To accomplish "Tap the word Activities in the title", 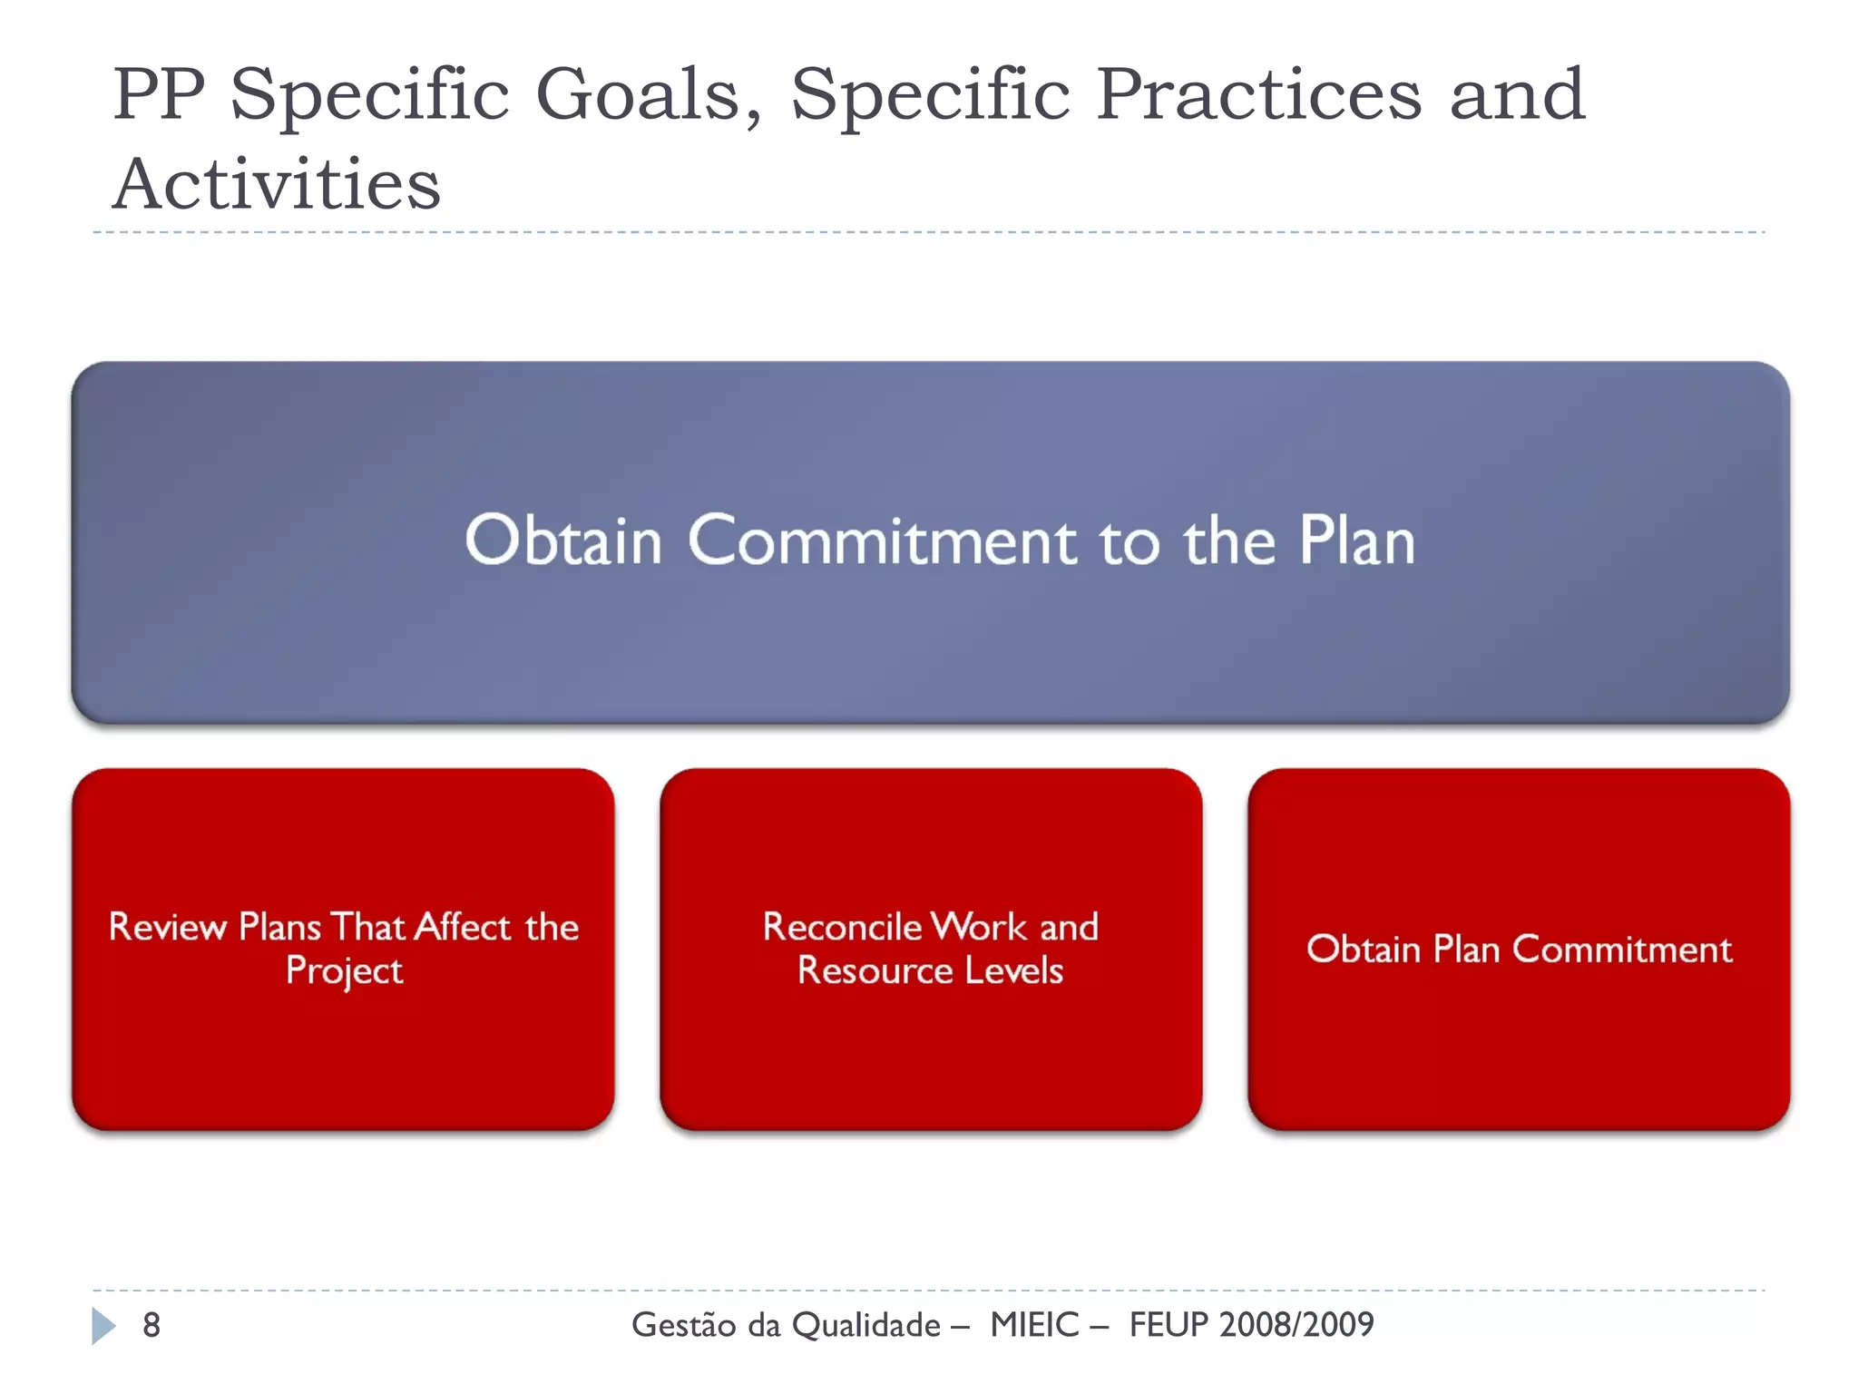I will click(x=277, y=185).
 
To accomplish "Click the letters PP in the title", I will click(x=160, y=95).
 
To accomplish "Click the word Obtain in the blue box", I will click(x=563, y=541).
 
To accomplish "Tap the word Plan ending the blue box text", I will click(x=1356, y=541).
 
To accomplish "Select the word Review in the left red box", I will click(x=168, y=927).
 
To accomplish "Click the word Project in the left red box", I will click(x=344, y=971).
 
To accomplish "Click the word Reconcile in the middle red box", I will click(x=843, y=927).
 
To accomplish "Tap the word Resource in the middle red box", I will click(x=875, y=970).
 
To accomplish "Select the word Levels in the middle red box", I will click(x=1013, y=970).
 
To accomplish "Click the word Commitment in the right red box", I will click(x=1622, y=950).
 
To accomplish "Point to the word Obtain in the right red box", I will click(x=1363, y=950).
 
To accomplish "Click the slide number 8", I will click(x=152, y=1325).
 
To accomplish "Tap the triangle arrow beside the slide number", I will click(x=103, y=1326).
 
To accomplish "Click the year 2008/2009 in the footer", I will click(x=1296, y=1325).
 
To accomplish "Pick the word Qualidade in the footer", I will click(x=866, y=1326).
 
